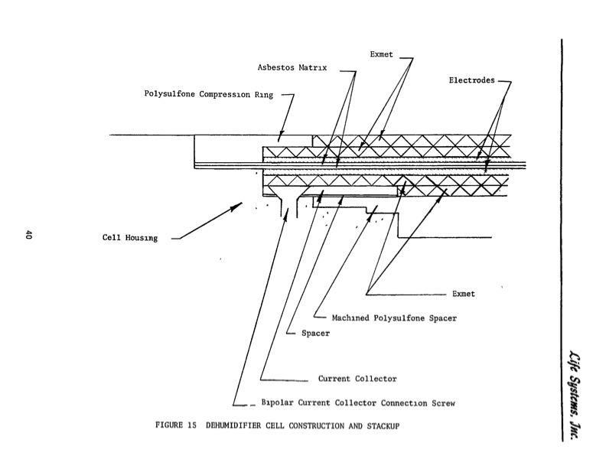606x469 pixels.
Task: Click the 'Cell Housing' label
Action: tap(130, 238)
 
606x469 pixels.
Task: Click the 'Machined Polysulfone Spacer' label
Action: tap(395, 318)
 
